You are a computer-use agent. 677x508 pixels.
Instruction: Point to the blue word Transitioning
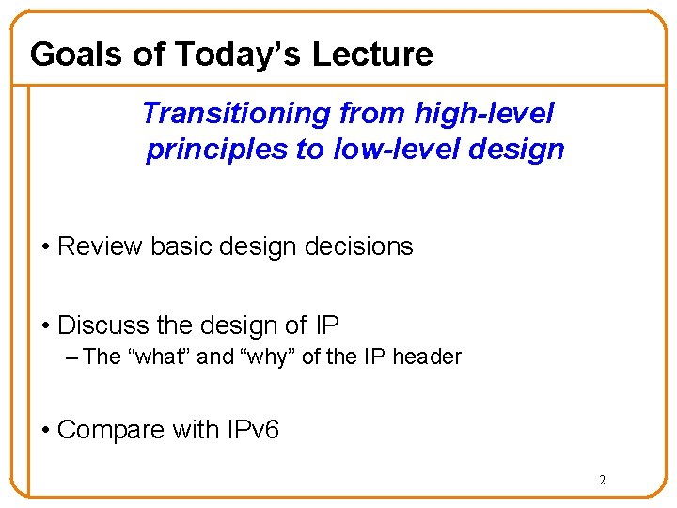click(236, 114)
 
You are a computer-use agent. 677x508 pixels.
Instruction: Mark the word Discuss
click(102, 325)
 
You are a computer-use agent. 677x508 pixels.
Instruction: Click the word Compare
click(110, 430)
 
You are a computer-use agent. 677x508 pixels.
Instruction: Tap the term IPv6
click(252, 430)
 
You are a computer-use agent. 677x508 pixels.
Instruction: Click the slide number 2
click(603, 481)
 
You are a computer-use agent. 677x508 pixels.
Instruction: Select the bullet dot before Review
click(46, 247)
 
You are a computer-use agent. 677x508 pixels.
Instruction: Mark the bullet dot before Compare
click(46, 431)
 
